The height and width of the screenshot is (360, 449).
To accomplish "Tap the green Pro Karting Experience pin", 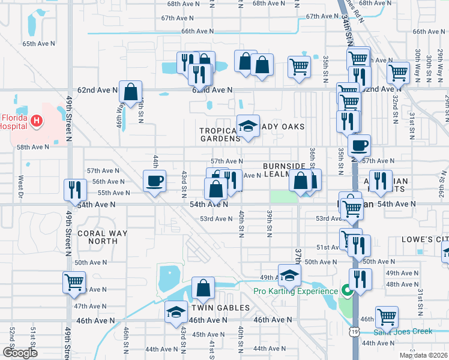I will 346,292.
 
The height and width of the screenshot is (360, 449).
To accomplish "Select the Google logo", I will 20,353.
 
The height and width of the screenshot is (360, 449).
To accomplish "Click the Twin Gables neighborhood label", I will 220,308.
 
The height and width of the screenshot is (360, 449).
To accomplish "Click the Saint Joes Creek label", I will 403,331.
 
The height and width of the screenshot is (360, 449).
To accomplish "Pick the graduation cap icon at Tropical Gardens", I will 248,126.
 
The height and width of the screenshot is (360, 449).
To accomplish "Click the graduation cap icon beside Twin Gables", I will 176,312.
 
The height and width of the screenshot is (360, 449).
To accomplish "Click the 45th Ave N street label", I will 208,334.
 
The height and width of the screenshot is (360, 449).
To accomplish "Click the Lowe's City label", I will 426,239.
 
